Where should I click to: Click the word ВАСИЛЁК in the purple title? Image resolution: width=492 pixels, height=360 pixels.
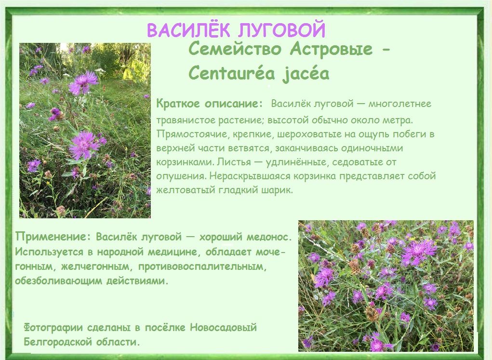[188, 30]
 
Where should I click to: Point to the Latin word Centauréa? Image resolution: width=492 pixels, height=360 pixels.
[232, 73]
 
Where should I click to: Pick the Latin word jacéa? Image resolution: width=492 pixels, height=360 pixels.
[306, 74]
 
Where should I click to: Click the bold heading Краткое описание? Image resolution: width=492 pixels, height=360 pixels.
[209, 104]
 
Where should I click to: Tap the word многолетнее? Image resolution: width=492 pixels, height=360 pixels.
[400, 104]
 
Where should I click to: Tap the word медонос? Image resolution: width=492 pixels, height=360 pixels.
[269, 237]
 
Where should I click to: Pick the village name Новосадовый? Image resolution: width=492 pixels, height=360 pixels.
[223, 328]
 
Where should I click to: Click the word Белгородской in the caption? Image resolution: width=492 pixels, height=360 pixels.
[58, 342]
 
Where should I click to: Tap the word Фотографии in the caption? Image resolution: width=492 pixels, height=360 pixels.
[53, 328]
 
